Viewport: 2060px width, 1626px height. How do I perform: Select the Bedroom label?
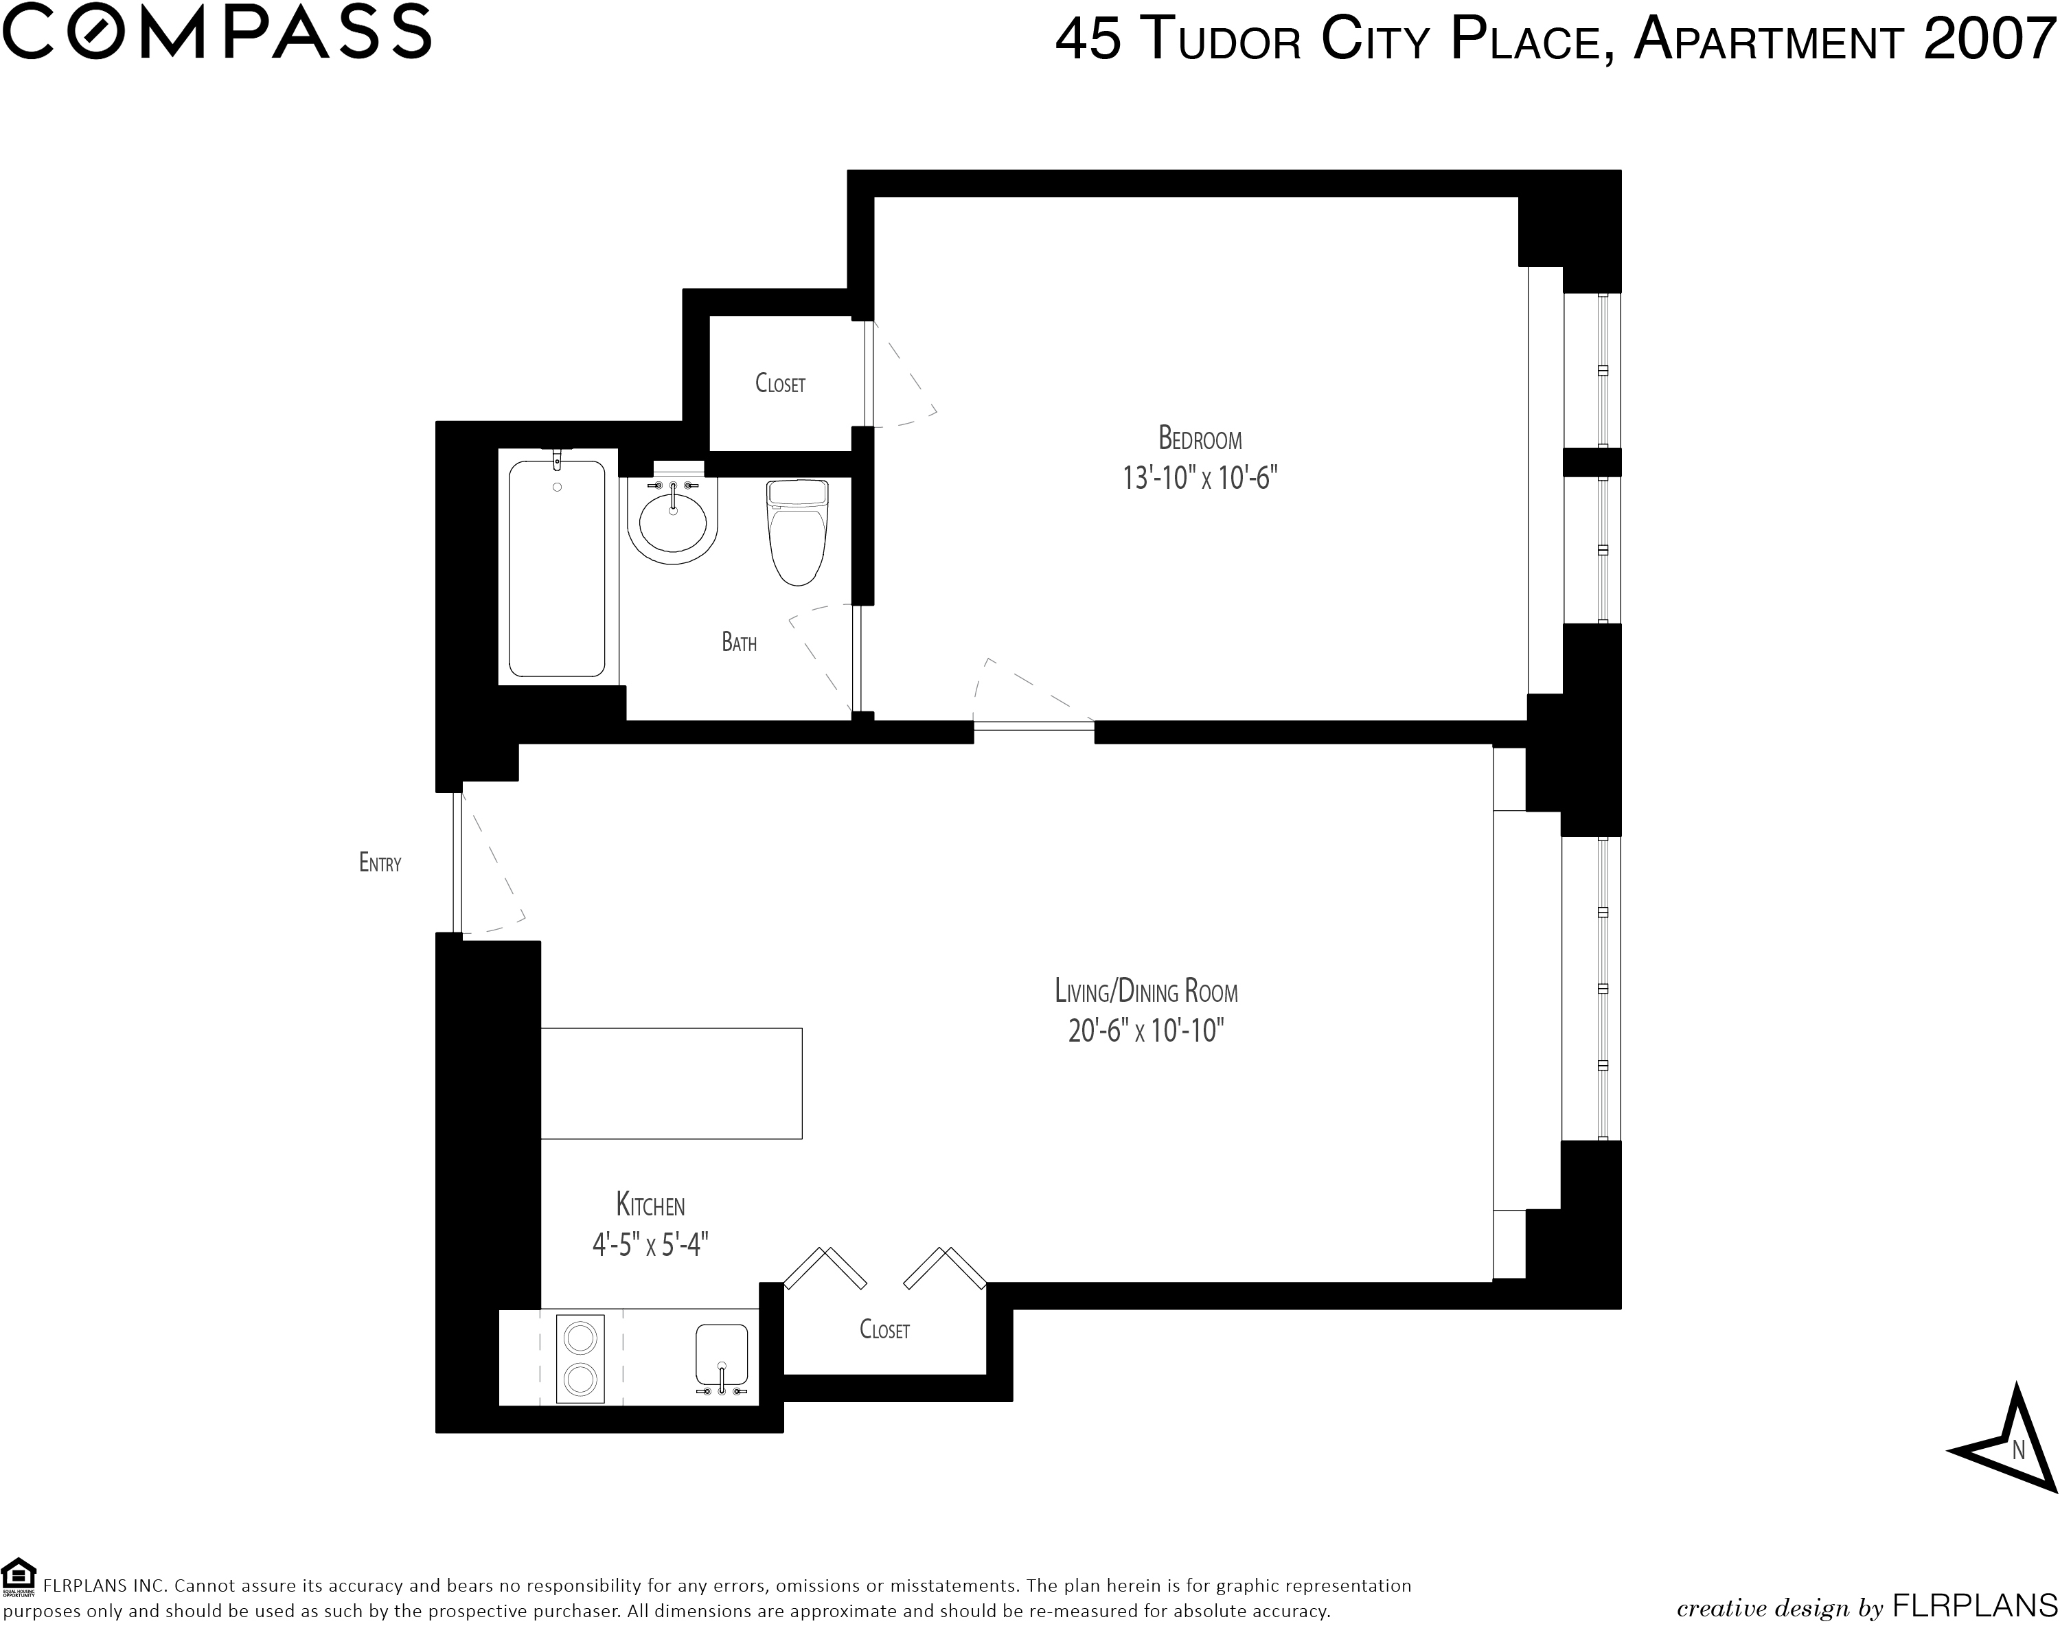1200,439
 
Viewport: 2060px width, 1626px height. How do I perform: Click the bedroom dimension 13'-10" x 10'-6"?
1200,477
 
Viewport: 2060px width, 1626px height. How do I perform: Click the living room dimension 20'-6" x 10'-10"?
1145,1030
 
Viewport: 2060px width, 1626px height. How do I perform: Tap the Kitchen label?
650,1205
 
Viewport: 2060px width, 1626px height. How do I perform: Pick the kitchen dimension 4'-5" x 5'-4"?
651,1244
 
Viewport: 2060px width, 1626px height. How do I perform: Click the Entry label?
380,862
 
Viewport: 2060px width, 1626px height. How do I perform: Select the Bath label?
739,643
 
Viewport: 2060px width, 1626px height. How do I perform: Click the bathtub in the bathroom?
558,566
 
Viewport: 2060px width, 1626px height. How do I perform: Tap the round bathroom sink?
673,520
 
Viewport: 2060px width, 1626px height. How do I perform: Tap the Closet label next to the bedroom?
779,384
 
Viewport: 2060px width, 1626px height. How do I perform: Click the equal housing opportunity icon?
19,1576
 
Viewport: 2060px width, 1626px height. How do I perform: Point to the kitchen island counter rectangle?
671,1084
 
